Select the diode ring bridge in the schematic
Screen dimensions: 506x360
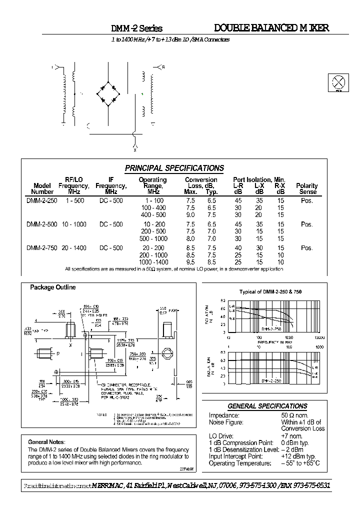pyautogui.click(x=108, y=92)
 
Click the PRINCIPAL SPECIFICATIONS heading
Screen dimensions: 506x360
pyautogui.click(x=174, y=168)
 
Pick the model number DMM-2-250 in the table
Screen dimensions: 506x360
pyautogui.click(x=41, y=200)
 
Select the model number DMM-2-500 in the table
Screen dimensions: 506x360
pyautogui.click(x=41, y=224)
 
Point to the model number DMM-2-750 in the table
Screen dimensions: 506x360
pyautogui.click(x=41, y=248)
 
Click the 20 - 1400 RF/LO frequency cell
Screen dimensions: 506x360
pyautogui.click(x=73, y=248)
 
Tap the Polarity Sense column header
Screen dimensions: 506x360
pyautogui.click(x=307, y=188)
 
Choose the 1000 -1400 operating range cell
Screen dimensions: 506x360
pyautogui.click(x=152, y=262)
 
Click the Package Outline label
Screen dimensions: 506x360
pyautogui.click(x=53, y=287)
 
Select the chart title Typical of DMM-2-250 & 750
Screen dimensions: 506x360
pyautogui.click(x=270, y=291)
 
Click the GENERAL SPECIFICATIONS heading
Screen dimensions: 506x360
pyautogui.click(x=267, y=406)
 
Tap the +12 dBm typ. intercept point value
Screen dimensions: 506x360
pyautogui.click(x=298, y=456)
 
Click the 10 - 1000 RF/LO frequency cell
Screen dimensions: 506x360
pyautogui.click(x=73, y=224)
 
